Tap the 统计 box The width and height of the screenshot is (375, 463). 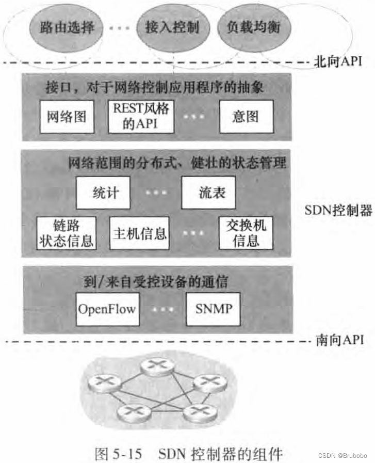pyautogui.click(x=103, y=193)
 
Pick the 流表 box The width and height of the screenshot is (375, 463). pyautogui.click(x=208, y=193)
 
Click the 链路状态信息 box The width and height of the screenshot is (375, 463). pyautogui.click(x=66, y=232)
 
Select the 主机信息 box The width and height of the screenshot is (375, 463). pyautogui.click(x=139, y=232)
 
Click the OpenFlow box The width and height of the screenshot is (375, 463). pyautogui.click(x=107, y=310)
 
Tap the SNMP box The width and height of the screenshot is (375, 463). pyautogui.click(x=213, y=310)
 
